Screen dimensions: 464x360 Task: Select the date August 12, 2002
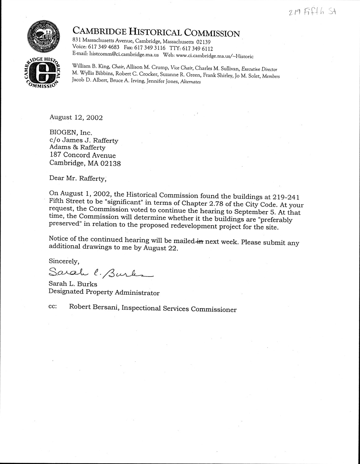click(x=76, y=118)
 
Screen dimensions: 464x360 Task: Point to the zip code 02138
click(x=110, y=163)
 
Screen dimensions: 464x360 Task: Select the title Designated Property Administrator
click(x=104, y=292)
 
